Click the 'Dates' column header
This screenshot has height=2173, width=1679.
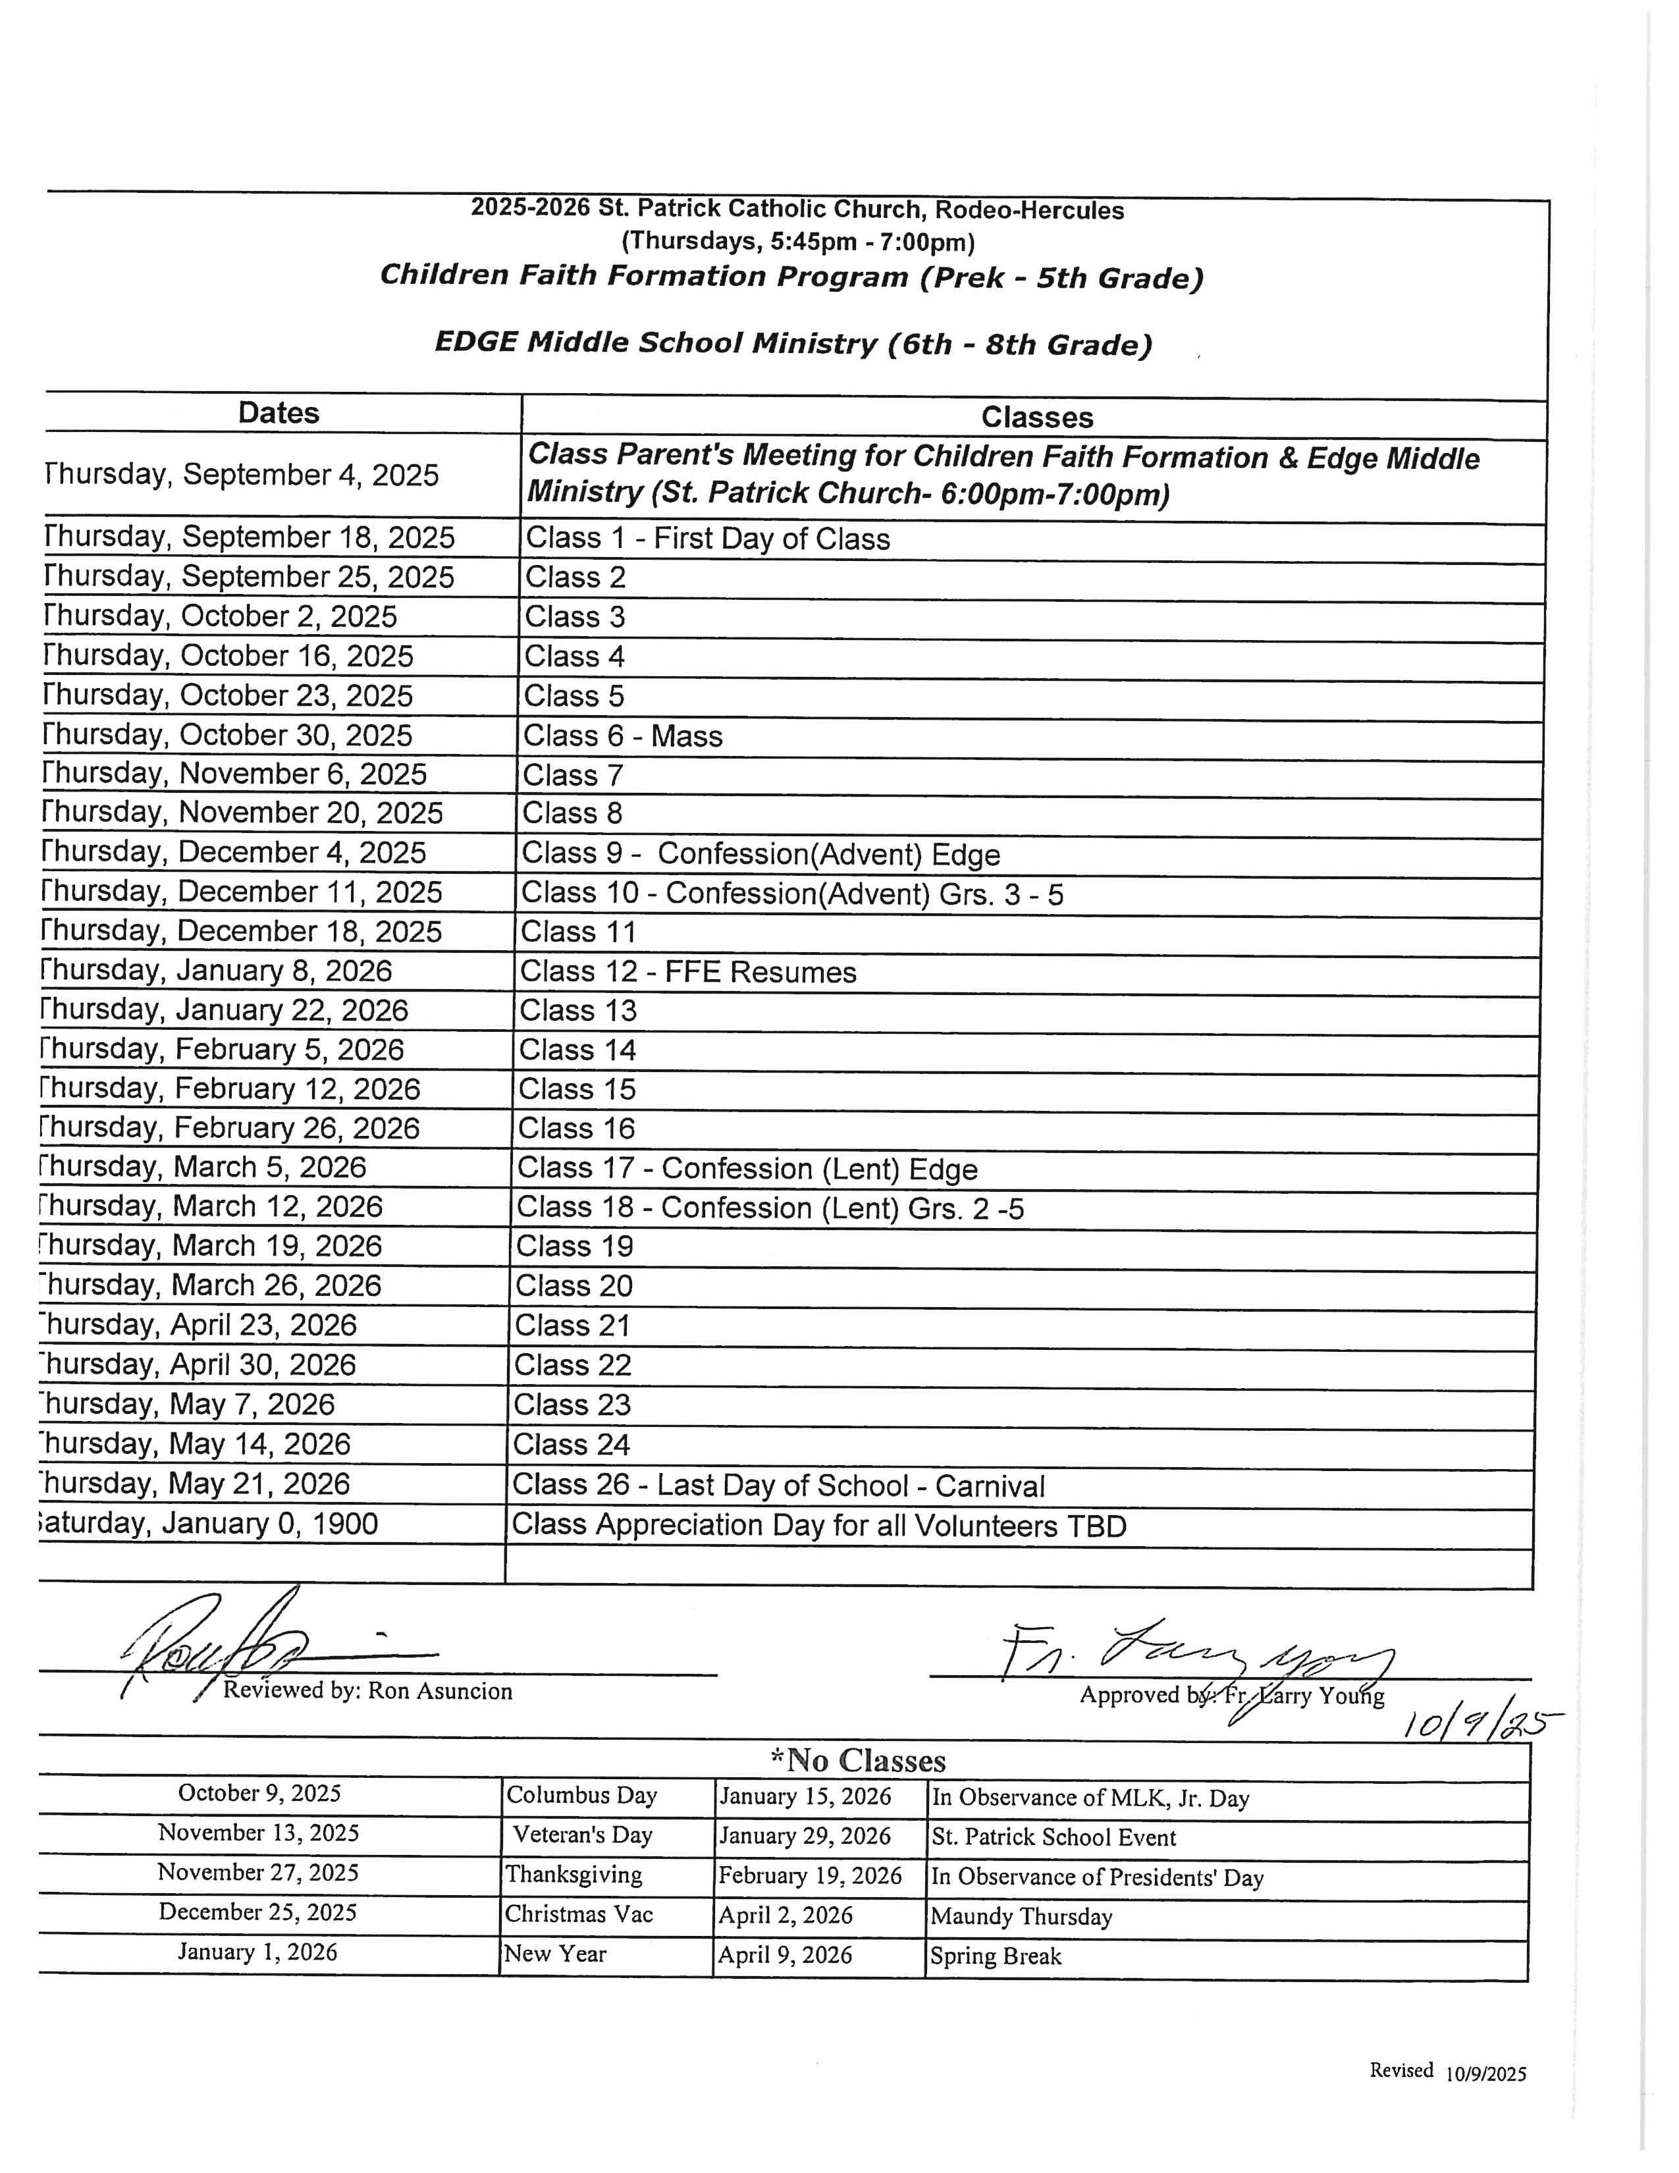(279, 413)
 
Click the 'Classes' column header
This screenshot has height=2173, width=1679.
(1036, 417)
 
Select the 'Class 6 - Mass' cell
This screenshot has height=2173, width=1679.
(624, 736)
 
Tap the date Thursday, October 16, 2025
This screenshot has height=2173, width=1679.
(228, 656)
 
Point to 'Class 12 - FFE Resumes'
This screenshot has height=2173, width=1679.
(687, 972)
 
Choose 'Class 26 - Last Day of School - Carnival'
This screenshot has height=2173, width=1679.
(778, 1486)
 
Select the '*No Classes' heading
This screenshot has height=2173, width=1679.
(857, 1760)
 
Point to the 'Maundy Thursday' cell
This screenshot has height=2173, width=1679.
(1021, 1916)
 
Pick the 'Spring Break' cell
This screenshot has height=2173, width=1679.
(995, 1956)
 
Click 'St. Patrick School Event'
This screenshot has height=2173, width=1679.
(1053, 1837)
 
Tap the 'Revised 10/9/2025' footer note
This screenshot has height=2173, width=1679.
(1447, 2070)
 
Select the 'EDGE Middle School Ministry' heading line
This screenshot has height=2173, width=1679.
(793, 343)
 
